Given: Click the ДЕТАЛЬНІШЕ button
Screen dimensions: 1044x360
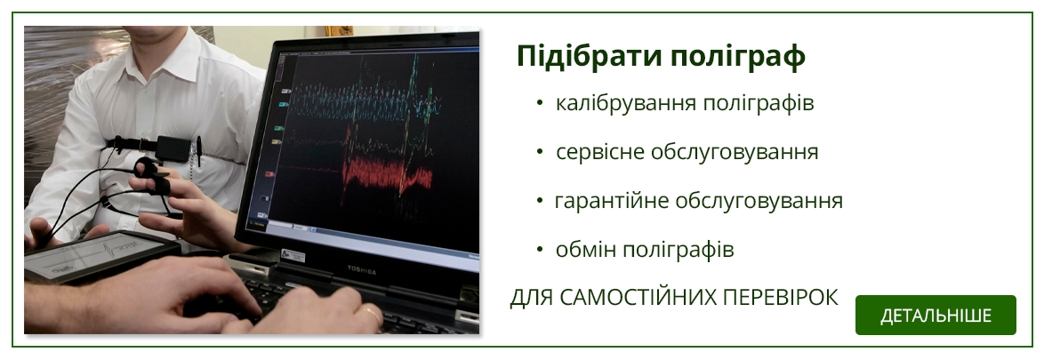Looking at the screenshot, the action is [x=936, y=316].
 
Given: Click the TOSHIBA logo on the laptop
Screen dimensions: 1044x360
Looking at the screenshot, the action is [x=362, y=271].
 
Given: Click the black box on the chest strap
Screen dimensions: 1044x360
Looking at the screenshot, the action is [x=172, y=148].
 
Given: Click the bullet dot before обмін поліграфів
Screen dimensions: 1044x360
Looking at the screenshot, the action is [x=540, y=250].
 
